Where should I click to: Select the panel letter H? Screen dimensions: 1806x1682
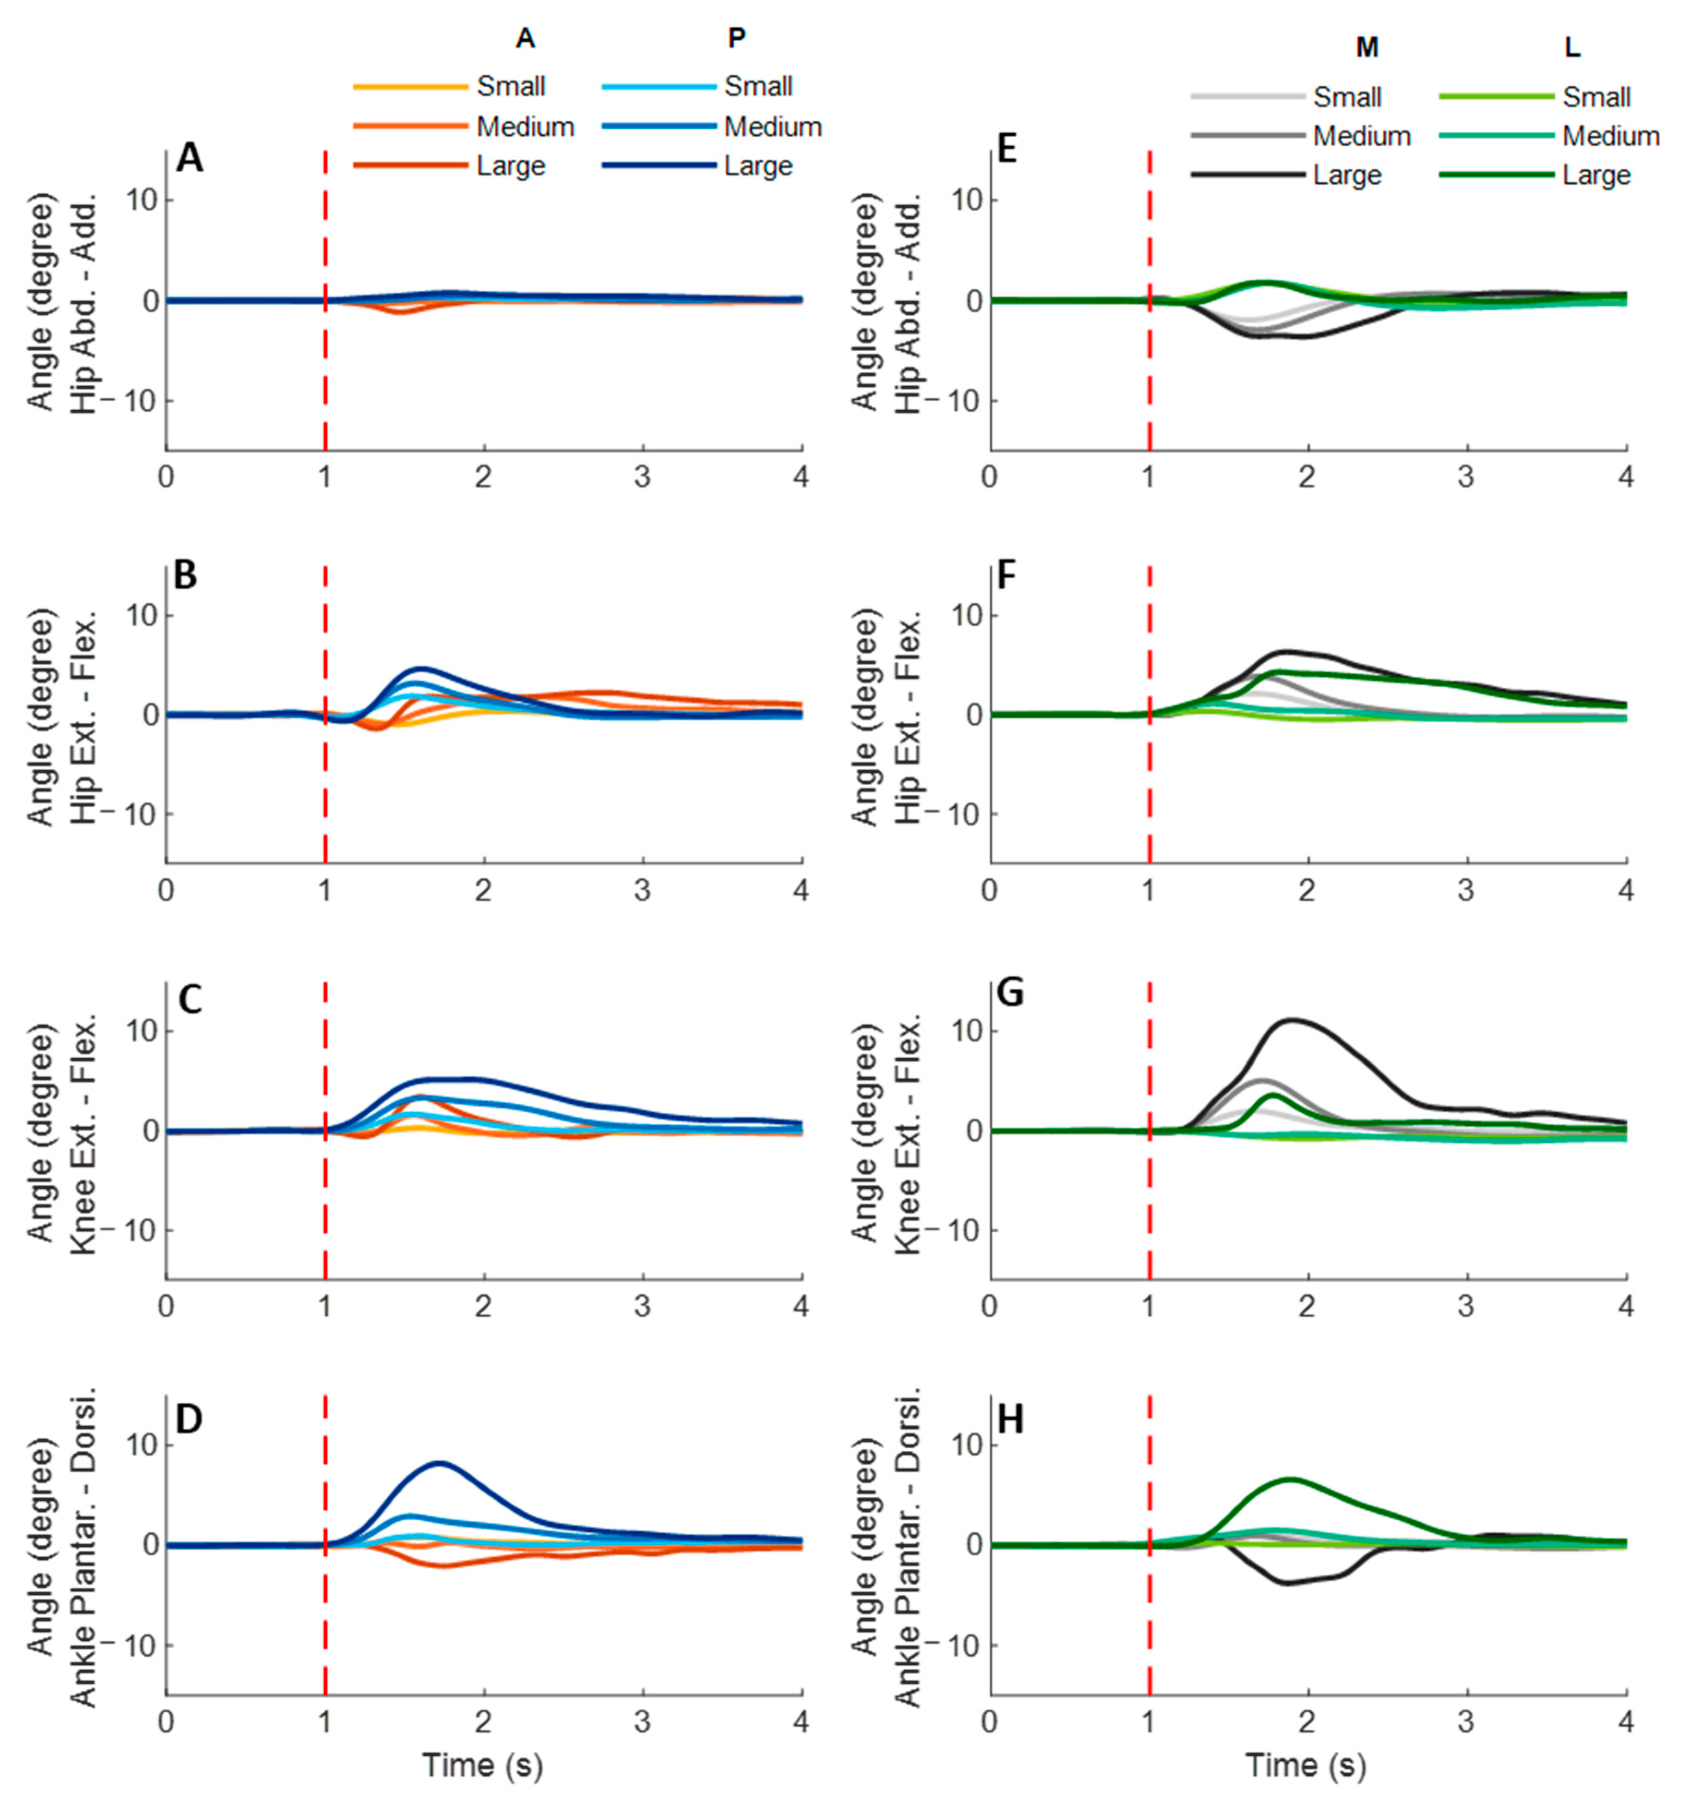pos(1010,1419)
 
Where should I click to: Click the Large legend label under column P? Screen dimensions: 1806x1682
pos(758,166)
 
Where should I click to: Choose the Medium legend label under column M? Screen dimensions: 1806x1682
pos(1361,136)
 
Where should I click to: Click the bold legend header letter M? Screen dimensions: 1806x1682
pos(1367,48)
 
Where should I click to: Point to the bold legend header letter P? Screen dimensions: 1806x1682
pos(737,37)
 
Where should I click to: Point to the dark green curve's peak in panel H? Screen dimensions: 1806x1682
pos(1291,1479)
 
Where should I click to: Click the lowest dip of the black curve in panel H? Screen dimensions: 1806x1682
pos(1288,1583)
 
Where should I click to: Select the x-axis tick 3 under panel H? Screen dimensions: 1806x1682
pos(1466,1721)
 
